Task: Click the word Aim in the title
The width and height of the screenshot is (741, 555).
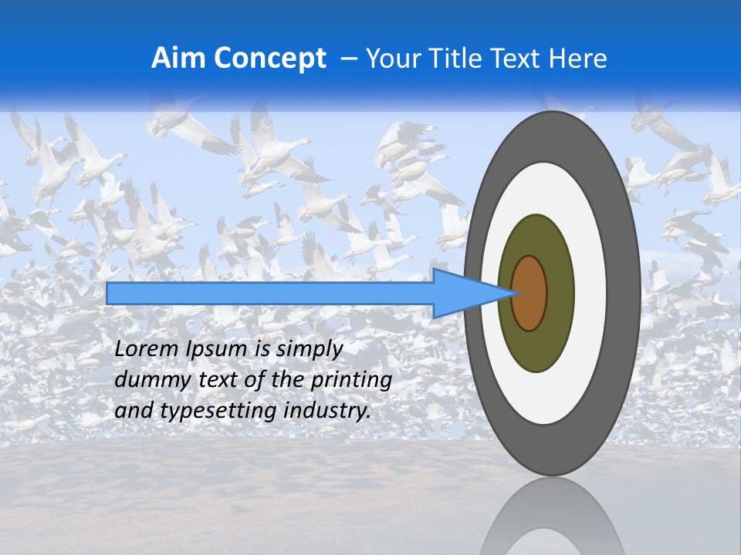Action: (179, 59)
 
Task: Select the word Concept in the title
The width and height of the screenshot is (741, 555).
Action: (270, 59)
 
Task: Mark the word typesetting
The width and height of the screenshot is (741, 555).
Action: (208, 412)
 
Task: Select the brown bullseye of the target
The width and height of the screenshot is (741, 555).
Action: (529, 293)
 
